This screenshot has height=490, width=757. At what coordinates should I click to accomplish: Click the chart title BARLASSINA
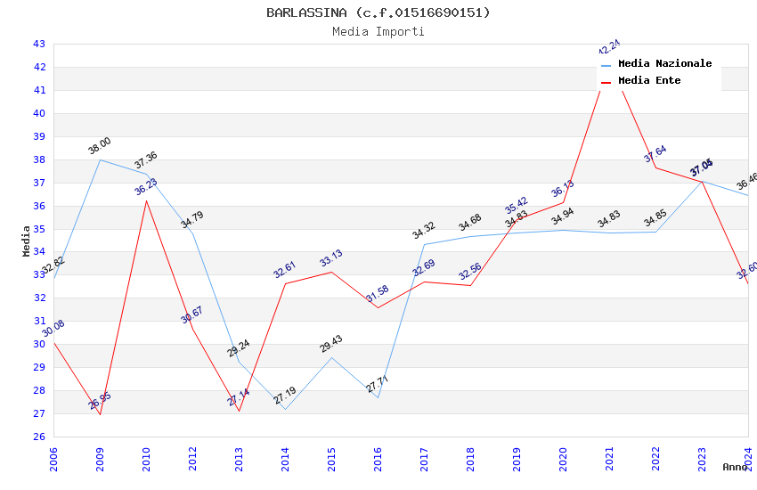pos(378,12)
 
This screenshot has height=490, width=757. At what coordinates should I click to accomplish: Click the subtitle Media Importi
pos(378,31)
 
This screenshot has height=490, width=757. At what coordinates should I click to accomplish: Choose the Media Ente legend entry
pos(649,81)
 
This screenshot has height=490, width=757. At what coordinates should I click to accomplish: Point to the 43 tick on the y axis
pos(39,44)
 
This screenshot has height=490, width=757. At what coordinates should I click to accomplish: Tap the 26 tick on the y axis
pos(39,437)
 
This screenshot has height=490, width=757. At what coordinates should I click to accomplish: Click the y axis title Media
pos(27,240)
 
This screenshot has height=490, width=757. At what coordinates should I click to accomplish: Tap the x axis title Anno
pos(735,467)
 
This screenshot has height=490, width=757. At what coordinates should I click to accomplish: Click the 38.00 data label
pos(100,146)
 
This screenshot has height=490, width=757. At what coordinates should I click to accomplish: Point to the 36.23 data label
pos(146,187)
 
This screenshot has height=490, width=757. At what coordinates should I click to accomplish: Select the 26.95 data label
pos(100,401)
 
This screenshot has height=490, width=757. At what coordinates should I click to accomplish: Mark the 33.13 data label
pos(331,259)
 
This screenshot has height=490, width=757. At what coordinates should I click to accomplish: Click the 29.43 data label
pos(331,344)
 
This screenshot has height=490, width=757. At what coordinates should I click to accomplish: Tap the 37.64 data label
pos(655,154)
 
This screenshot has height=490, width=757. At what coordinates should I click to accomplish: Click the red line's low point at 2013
pos(239,411)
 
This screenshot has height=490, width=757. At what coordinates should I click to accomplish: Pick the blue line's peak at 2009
pos(100,159)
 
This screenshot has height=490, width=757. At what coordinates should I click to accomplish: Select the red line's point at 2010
pos(146,200)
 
